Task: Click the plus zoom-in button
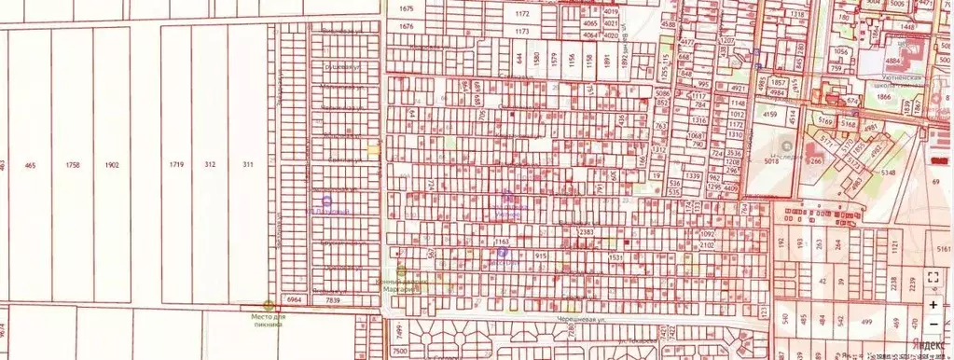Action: (x=933, y=304)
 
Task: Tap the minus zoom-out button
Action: (x=933, y=324)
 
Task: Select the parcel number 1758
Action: (x=73, y=165)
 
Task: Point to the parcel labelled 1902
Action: (x=112, y=165)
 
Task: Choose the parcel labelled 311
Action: (x=248, y=165)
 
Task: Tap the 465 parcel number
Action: (x=30, y=165)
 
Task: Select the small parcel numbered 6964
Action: (x=295, y=300)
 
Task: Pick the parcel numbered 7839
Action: (x=333, y=300)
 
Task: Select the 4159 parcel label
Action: (x=770, y=115)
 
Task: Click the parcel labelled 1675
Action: (x=405, y=8)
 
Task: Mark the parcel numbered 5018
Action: (x=770, y=160)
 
